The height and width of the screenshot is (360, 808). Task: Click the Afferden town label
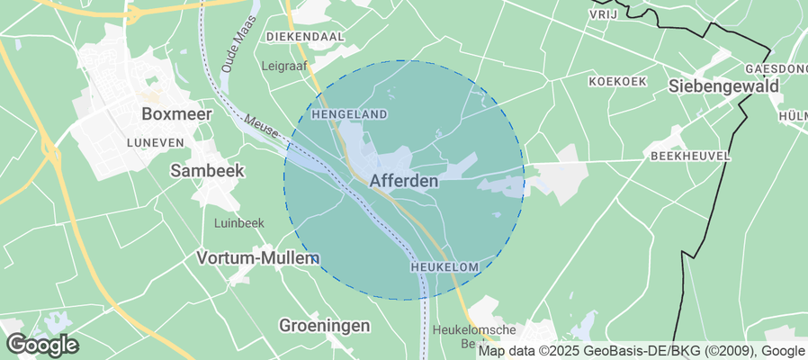(x=404, y=181)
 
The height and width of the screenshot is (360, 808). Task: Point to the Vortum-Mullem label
(x=257, y=258)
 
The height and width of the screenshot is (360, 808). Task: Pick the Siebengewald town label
(x=723, y=86)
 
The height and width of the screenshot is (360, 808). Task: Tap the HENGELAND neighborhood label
(x=349, y=114)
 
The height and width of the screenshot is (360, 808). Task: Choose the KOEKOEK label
(x=617, y=81)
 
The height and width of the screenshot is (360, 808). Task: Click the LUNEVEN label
(x=156, y=142)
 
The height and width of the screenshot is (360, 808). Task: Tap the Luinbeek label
(x=238, y=222)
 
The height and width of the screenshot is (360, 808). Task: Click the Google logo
(x=42, y=344)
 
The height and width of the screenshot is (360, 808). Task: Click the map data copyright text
(x=641, y=351)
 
